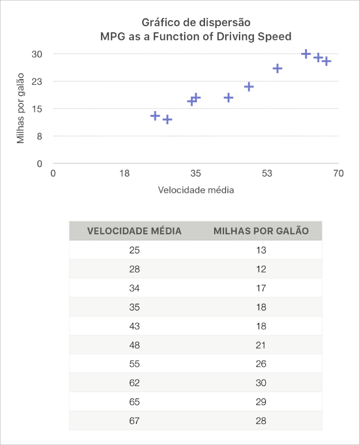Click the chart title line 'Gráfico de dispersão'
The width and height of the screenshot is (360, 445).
pyautogui.click(x=195, y=22)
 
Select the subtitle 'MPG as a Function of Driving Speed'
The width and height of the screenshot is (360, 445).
pyautogui.click(x=195, y=37)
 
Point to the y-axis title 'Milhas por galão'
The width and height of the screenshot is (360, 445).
pyautogui.click(x=21, y=109)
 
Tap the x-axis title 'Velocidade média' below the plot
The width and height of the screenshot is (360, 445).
pyautogui.click(x=195, y=190)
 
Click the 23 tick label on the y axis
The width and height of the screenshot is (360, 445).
pyautogui.click(x=37, y=81)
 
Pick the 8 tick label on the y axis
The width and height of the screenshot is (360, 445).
pyautogui.click(x=40, y=136)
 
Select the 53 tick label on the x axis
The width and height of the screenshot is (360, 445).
pyautogui.click(x=267, y=173)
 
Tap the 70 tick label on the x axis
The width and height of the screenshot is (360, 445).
pyautogui.click(x=338, y=173)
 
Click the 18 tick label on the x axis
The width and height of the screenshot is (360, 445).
pyautogui.click(x=124, y=173)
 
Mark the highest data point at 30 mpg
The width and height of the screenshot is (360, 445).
pyautogui.click(x=306, y=54)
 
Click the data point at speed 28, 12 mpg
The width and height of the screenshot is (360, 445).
pyautogui.click(x=167, y=120)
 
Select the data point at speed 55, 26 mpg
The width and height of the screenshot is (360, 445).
pyautogui.click(x=278, y=69)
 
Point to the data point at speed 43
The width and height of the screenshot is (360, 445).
pyautogui.click(x=228, y=98)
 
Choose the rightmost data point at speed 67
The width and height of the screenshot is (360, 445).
pyautogui.click(x=326, y=61)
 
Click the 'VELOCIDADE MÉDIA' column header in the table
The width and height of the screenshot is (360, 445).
pyautogui.click(x=134, y=231)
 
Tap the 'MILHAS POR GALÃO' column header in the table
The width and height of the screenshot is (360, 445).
pyautogui.click(x=261, y=231)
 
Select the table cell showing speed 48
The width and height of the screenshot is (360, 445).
pyautogui.click(x=134, y=345)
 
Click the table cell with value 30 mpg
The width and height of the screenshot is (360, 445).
pyautogui.click(x=261, y=383)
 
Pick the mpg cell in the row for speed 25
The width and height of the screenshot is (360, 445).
pyautogui.click(x=261, y=250)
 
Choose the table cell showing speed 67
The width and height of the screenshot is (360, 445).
pyautogui.click(x=134, y=421)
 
